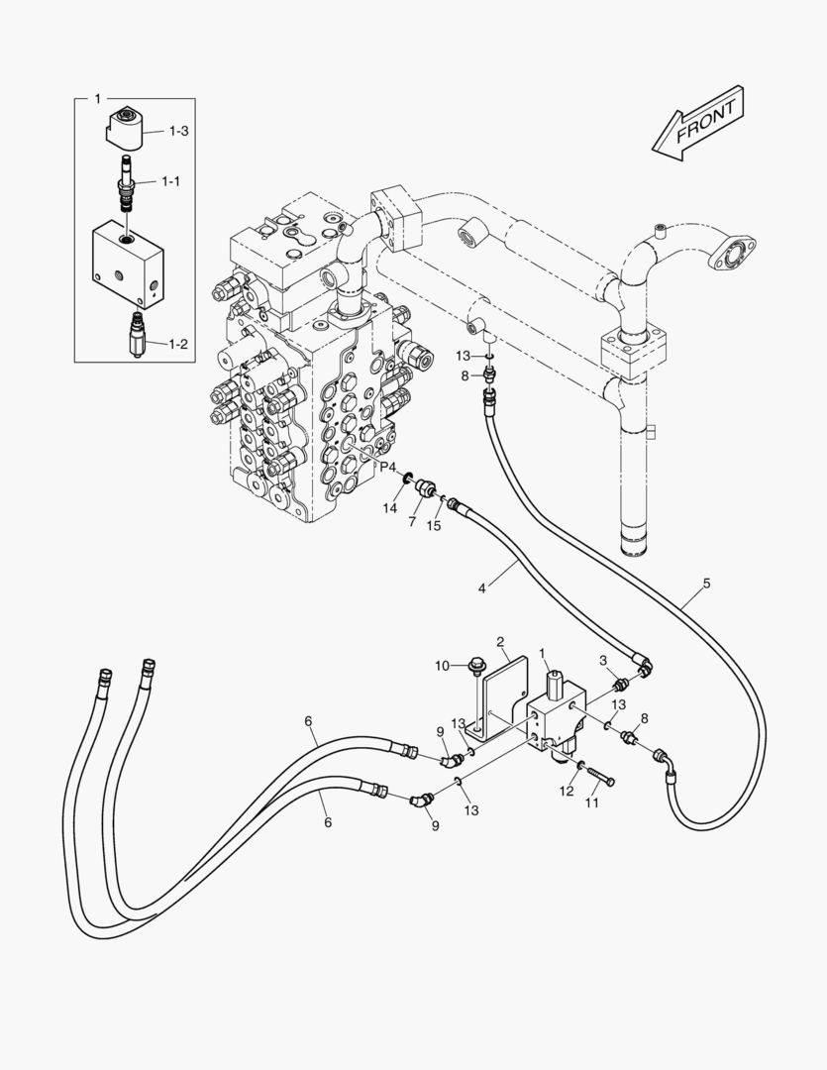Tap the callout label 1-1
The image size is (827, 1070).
[170, 181]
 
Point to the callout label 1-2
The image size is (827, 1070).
[178, 344]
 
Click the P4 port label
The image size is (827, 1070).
[386, 468]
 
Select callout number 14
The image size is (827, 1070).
[391, 507]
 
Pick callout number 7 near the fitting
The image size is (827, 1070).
[411, 520]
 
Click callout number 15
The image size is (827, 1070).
[433, 525]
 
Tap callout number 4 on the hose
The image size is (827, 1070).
[482, 588]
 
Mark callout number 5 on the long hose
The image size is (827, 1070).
[707, 583]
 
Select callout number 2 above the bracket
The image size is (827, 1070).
[501, 642]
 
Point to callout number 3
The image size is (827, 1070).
[601, 661]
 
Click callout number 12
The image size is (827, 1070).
[566, 791]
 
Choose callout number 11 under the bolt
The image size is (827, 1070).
[591, 802]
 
